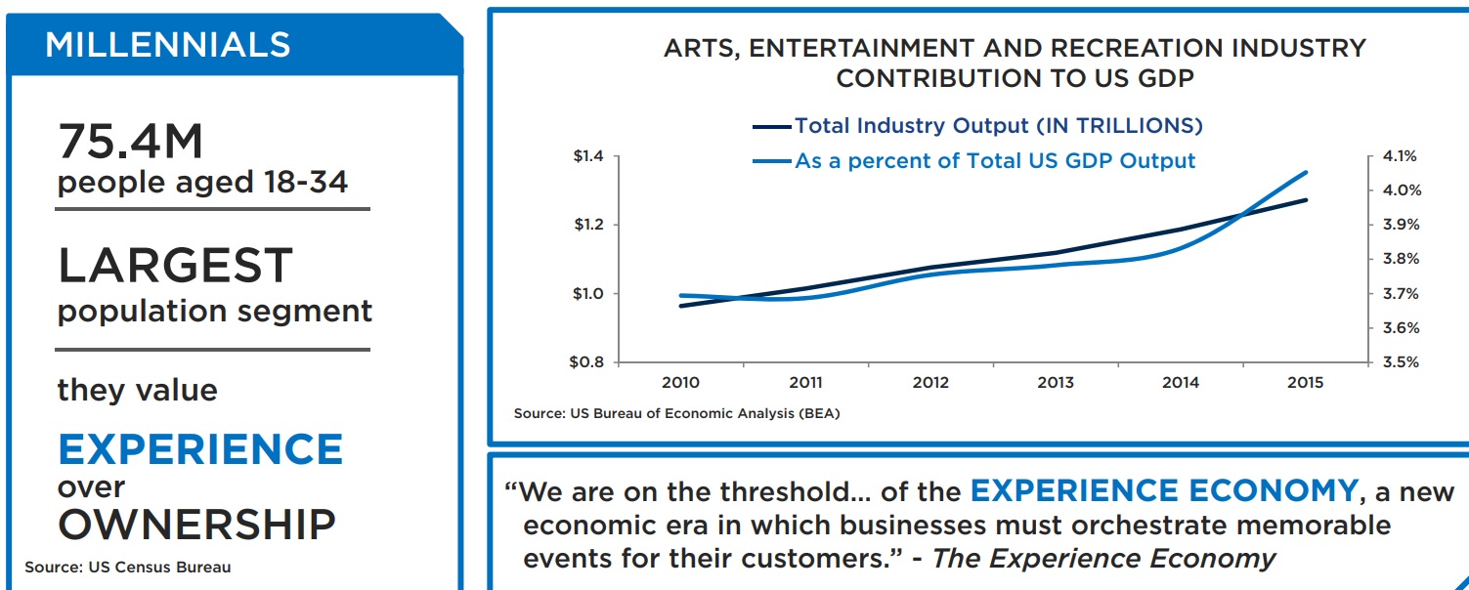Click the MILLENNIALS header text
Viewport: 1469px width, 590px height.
click(167, 45)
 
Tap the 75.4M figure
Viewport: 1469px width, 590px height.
click(130, 143)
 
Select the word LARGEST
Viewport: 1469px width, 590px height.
click(175, 266)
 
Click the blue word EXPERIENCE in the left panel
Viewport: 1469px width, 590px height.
click(200, 449)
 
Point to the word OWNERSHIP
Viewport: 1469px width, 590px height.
click(196, 525)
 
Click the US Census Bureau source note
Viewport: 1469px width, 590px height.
click(128, 567)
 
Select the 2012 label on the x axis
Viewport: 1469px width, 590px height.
click(930, 383)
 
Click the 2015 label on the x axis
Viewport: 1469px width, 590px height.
click(1306, 383)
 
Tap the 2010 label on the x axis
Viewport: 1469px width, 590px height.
click(680, 383)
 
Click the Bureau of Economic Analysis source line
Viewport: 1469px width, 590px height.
click(676, 413)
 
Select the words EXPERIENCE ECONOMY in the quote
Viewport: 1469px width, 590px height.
click(1164, 490)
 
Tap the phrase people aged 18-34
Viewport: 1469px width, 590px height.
click(202, 183)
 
